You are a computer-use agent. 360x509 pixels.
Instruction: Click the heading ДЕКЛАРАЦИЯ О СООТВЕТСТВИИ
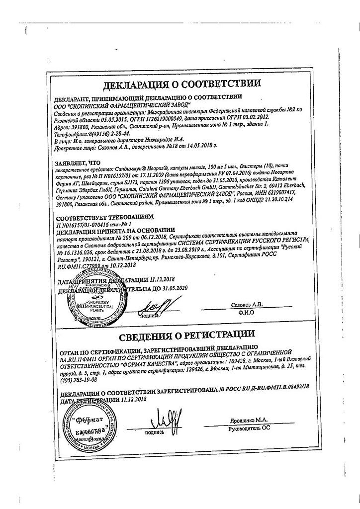pyautogui.click(x=181, y=84)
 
